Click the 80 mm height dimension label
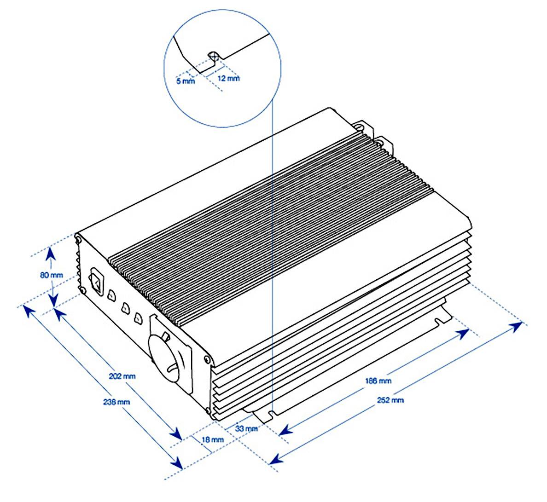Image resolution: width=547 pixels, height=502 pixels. click(x=51, y=275)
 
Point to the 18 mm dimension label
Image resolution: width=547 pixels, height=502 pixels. click(x=213, y=439)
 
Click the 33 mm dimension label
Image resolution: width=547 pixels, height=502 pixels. click(x=246, y=429)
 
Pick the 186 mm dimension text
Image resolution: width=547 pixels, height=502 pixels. click(x=378, y=381)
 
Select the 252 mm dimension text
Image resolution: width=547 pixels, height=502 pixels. click(x=390, y=400)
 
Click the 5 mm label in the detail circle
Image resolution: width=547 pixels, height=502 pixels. click(x=186, y=81)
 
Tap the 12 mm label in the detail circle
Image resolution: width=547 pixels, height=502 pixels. click(x=228, y=78)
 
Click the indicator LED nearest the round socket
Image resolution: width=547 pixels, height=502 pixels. click(x=138, y=318)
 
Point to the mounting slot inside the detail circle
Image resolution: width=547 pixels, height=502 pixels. click(x=213, y=56)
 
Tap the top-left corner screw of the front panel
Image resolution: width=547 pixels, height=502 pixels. click(x=78, y=239)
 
